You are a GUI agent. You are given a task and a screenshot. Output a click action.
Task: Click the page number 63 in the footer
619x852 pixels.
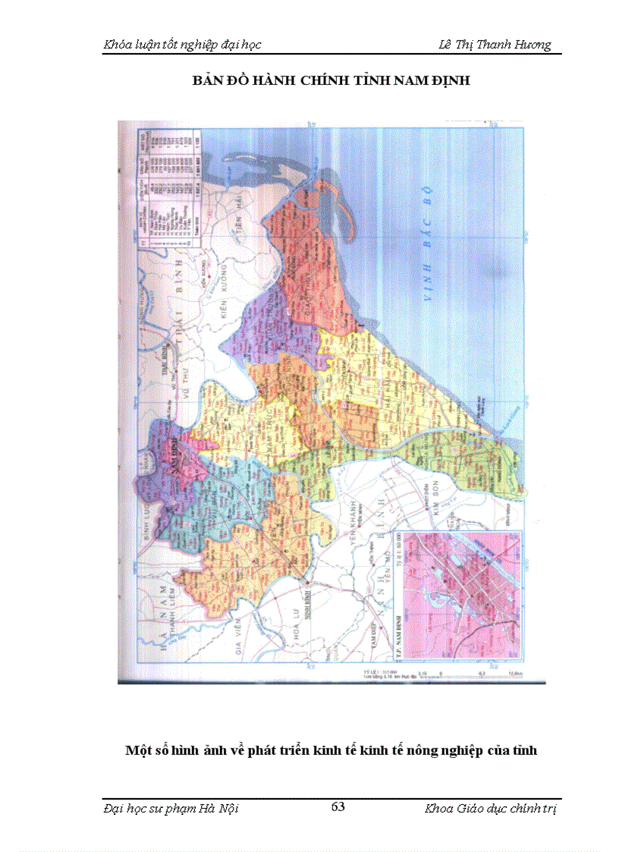(x=338, y=806)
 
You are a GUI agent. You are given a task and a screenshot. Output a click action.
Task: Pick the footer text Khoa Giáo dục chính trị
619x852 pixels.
(x=491, y=808)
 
